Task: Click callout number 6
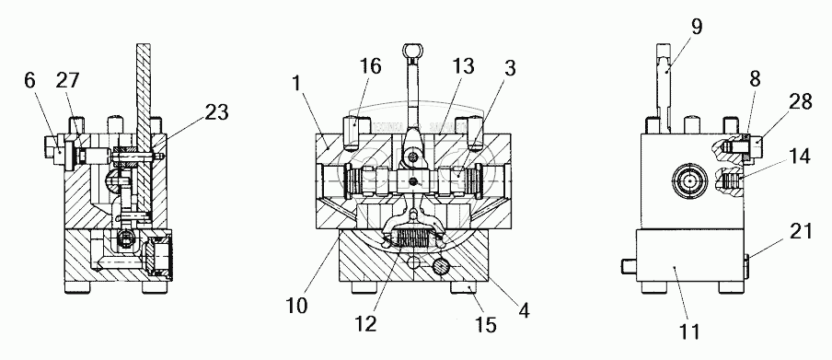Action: [30, 82]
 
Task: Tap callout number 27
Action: [67, 81]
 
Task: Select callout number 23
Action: [216, 112]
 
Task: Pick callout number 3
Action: [510, 69]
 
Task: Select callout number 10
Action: [296, 307]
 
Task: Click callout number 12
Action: [365, 323]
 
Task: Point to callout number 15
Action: [486, 324]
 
